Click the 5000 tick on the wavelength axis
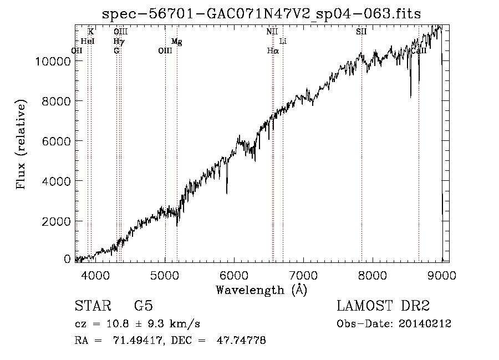click(x=165, y=275)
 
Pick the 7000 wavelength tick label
click(x=303, y=275)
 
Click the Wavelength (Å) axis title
click(x=261, y=290)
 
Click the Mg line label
click(x=176, y=42)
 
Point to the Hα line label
click(x=272, y=50)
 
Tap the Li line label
click(x=283, y=42)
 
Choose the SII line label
click(x=361, y=32)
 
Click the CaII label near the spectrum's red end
click(x=419, y=50)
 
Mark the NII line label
click(x=272, y=32)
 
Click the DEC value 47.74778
click(x=242, y=341)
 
